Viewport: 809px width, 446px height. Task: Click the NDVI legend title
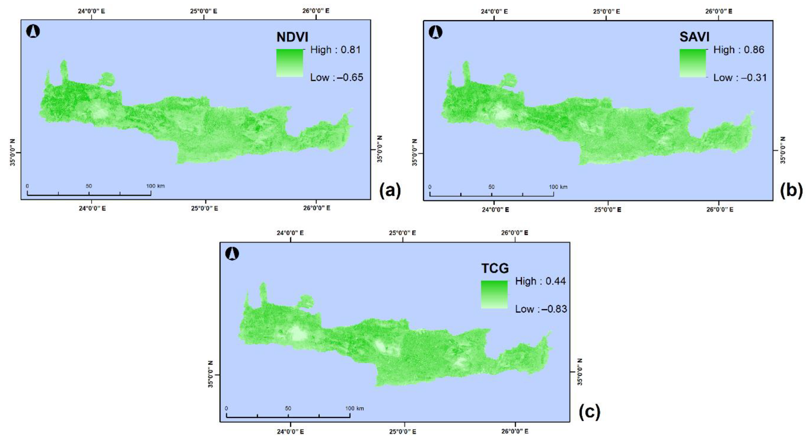[x=292, y=37]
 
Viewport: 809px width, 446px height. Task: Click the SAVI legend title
[x=694, y=37]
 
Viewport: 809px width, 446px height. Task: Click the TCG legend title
[x=495, y=268]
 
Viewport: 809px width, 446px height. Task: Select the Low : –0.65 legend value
[x=336, y=77]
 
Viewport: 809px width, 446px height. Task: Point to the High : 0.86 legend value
[x=739, y=50]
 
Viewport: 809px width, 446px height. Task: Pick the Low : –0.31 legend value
[x=740, y=78]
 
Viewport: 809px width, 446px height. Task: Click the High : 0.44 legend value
[x=540, y=281]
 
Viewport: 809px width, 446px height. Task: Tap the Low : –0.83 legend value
[x=541, y=309]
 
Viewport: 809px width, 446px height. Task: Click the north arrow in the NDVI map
[x=33, y=31]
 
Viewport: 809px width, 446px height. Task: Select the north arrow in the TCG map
[x=232, y=253]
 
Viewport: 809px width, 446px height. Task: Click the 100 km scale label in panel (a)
[x=155, y=186]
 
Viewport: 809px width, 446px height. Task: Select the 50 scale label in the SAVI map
[x=491, y=187]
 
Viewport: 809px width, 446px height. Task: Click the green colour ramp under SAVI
[x=693, y=63]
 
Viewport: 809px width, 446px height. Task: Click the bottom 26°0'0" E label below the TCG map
[x=515, y=431]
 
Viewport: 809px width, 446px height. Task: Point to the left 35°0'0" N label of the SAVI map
[x=415, y=153]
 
